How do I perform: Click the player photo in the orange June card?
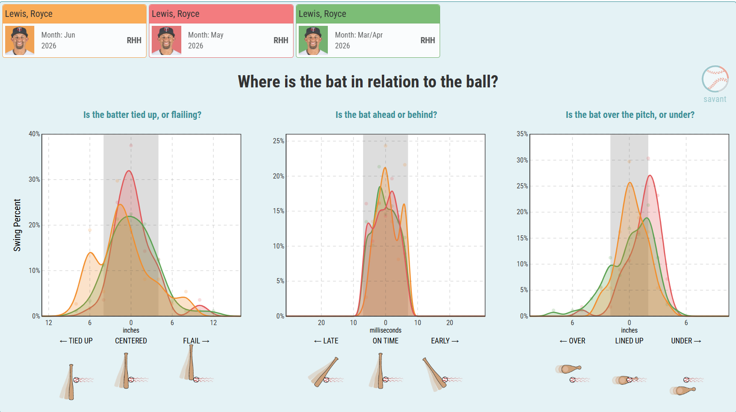point(20,40)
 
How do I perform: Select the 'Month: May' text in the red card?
point(206,35)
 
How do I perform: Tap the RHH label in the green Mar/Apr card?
point(427,40)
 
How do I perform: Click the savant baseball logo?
point(715,79)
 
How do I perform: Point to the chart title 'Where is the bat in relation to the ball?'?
point(368,81)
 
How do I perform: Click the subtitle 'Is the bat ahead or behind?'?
point(386,115)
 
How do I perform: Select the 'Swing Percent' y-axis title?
point(17,225)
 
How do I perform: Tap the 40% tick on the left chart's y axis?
point(34,134)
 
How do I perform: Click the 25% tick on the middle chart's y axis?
point(279,141)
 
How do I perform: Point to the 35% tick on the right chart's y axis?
point(522,134)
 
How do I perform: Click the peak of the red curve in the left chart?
point(129,171)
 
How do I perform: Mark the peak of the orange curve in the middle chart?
point(385,168)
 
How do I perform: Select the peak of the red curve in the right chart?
point(650,175)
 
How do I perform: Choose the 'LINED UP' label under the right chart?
point(629,341)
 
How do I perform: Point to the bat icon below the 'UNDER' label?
point(683,390)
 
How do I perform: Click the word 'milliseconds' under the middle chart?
point(386,330)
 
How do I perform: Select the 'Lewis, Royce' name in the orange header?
point(29,14)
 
